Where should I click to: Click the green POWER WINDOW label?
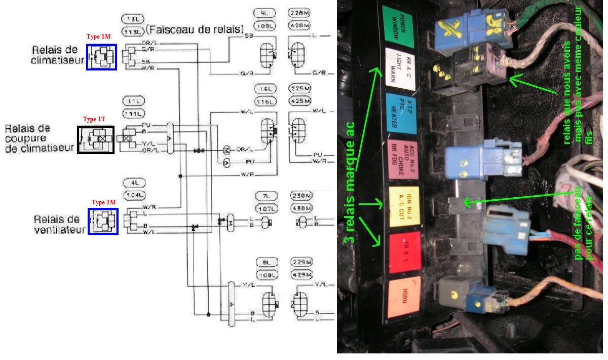399,24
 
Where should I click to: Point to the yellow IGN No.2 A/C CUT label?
403,205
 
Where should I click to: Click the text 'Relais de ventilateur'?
56,224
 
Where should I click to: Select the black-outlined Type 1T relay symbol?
96,139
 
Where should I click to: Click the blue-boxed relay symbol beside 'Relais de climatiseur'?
101,57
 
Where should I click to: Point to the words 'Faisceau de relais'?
194,29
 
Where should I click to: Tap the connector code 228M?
299,12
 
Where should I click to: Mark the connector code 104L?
134,195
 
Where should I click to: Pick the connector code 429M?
302,274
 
